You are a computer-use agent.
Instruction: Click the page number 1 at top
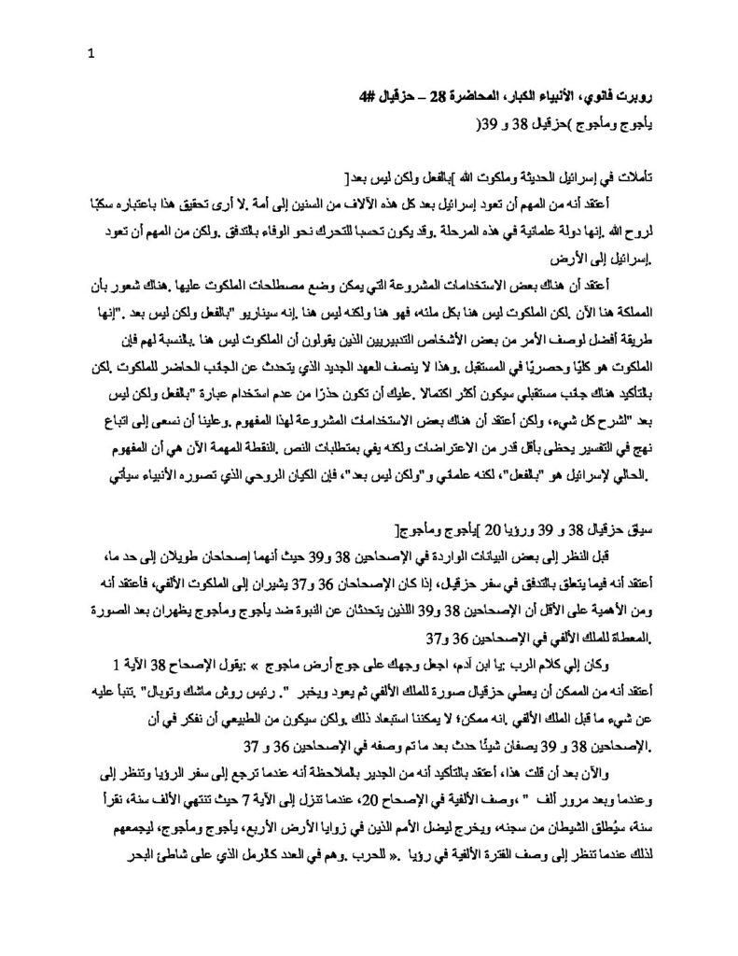(90, 52)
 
